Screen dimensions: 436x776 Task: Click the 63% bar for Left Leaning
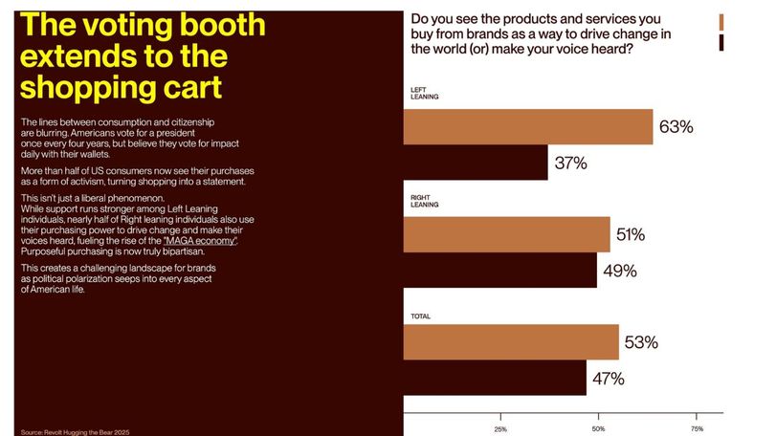528,127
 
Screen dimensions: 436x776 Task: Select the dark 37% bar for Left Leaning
476,163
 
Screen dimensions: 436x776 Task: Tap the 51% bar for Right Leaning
506,234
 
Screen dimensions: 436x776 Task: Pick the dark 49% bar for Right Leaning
500,271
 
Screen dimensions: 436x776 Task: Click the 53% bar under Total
511,341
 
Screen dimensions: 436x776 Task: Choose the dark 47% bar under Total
495,378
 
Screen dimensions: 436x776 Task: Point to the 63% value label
676,127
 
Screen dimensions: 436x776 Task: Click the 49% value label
620,271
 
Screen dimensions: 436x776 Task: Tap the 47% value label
609,379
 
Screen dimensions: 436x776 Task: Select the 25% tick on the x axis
500,429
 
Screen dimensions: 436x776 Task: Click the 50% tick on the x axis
598,429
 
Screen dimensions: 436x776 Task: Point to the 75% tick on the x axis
697,429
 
